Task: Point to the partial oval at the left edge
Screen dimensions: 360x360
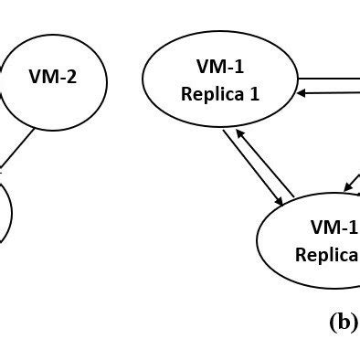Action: point(4,212)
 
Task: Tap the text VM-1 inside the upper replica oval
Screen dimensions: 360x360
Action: point(219,67)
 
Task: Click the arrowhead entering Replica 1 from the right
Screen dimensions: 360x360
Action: point(300,92)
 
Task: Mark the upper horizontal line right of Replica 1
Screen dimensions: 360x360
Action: point(329,79)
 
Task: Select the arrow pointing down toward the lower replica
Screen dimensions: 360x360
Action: point(252,169)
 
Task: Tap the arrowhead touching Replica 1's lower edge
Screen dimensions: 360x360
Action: point(238,133)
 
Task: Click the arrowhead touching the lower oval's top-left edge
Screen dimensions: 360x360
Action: point(278,203)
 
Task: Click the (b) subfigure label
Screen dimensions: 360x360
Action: point(343,322)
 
